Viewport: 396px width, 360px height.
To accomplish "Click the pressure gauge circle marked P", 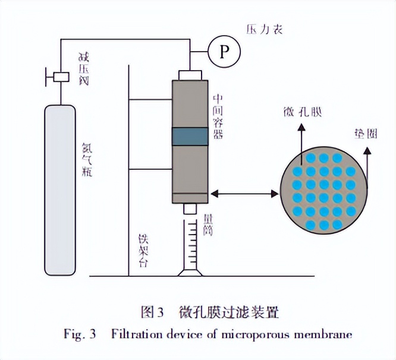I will (x=224, y=52).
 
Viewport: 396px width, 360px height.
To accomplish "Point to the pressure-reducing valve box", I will (x=60, y=77).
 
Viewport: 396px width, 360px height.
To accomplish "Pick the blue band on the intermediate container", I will (x=190, y=137).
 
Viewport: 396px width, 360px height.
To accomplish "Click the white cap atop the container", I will (x=190, y=75).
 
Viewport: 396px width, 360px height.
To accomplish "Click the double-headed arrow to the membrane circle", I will (x=245, y=193).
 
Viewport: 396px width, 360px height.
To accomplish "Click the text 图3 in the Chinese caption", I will (x=152, y=311).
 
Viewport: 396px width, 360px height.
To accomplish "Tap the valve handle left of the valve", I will (x=46, y=77).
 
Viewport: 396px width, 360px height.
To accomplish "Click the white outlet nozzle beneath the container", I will (x=190, y=209).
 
